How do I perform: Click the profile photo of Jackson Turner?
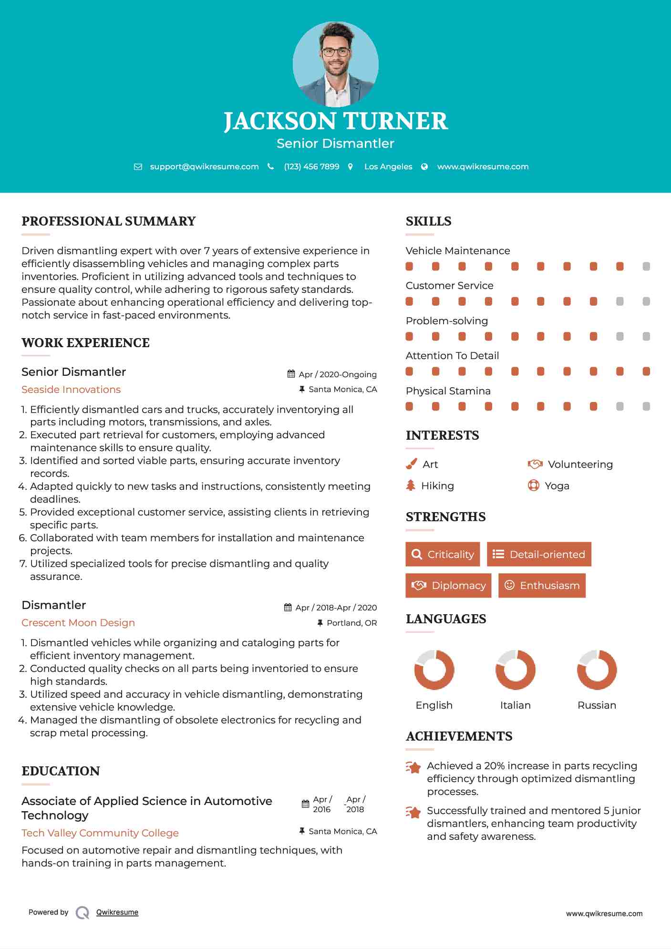335,64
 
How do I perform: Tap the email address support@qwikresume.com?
204,166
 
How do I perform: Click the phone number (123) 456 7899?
311,166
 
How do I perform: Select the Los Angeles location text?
388,166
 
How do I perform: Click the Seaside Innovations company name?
71,390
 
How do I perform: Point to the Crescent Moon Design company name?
78,623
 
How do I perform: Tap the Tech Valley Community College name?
100,833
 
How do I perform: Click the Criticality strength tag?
443,554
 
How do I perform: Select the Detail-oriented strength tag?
539,554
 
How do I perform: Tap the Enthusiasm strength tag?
542,586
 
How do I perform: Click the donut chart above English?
434,670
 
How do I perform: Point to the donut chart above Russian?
597,670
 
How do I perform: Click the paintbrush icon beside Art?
411,464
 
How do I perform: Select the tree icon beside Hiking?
411,485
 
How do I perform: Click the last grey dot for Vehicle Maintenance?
646,267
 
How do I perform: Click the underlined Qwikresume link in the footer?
117,912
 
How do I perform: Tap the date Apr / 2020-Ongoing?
338,374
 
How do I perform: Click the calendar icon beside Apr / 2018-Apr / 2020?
288,608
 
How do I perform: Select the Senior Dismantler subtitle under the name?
335,144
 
